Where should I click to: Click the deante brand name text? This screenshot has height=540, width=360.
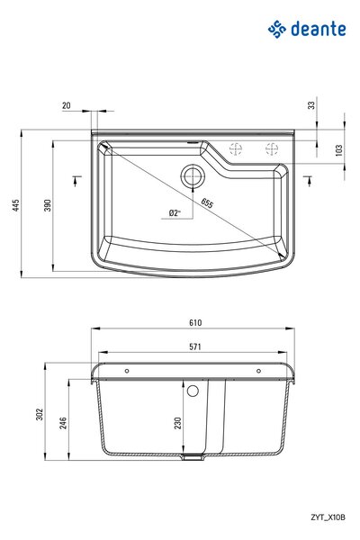coord(319,29)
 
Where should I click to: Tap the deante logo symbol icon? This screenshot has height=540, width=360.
coord(277,29)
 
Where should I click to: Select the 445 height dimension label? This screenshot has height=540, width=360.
coord(16,205)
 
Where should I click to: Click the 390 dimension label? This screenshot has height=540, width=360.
coord(48,205)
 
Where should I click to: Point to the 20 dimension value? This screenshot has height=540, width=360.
coord(66,105)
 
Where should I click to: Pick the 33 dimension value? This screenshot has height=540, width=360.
coord(311,105)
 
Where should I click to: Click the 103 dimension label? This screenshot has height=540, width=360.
coord(339,150)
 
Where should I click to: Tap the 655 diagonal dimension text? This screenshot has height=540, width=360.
coord(207,203)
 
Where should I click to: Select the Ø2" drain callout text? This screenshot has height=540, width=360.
coord(175,212)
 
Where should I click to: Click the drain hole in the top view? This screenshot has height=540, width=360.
coord(193,176)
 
